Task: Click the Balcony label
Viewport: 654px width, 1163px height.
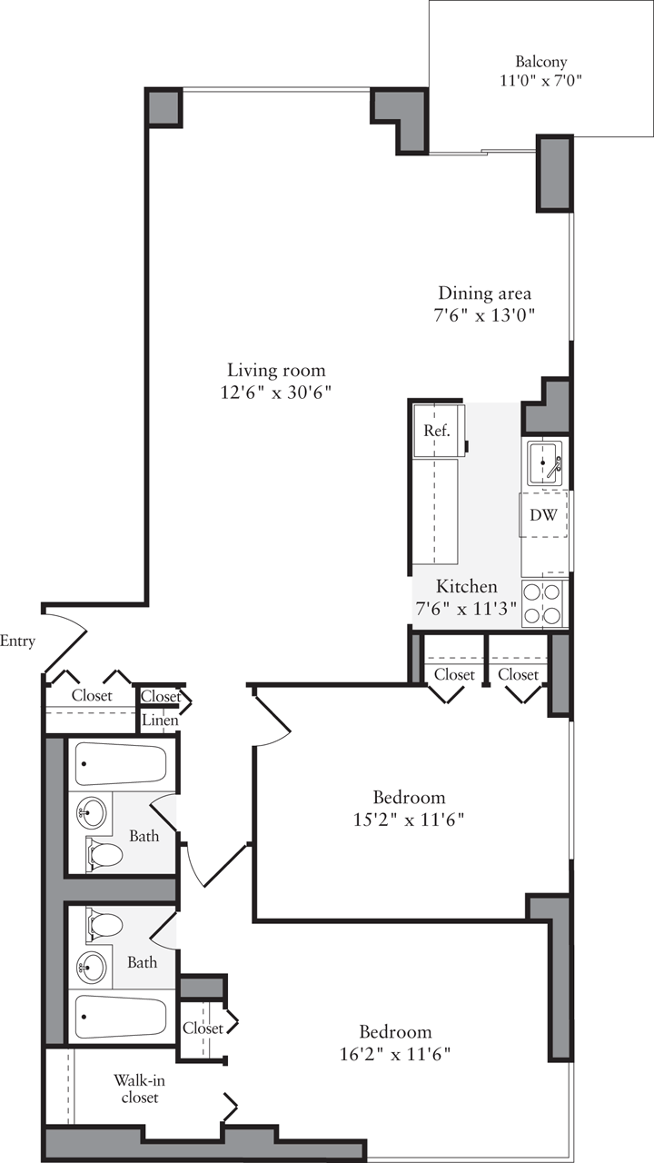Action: coord(541,62)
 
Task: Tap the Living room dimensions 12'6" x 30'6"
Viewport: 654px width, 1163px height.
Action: coord(276,393)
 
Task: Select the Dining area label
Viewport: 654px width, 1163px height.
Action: coord(484,293)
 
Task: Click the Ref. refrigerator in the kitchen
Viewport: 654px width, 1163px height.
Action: coord(437,431)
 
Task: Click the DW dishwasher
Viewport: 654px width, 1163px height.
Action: coord(544,515)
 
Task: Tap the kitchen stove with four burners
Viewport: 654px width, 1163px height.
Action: coord(543,603)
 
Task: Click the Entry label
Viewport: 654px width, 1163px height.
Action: coord(17,641)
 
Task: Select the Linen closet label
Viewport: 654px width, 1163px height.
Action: coord(160,721)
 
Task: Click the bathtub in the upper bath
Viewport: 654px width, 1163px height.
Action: coord(120,764)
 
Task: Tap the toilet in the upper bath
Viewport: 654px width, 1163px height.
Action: coord(104,855)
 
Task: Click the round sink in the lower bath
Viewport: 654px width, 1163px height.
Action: coord(91,968)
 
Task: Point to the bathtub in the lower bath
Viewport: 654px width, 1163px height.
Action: coord(120,1018)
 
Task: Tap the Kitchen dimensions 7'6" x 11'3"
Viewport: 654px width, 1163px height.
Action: coord(467,609)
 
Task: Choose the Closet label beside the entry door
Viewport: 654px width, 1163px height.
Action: coord(92,696)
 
